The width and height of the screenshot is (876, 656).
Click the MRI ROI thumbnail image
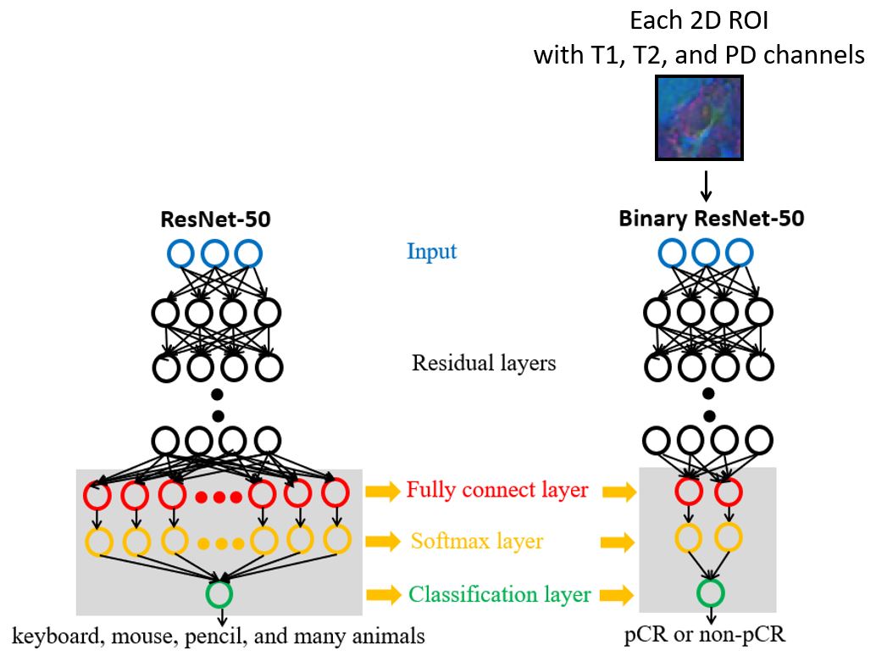point(699,118)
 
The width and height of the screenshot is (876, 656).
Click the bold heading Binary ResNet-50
point(712,219)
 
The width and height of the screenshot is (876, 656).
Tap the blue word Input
point(431,252)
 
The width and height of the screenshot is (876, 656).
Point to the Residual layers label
point(484,364)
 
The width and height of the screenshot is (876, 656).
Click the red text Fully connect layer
point(497,490)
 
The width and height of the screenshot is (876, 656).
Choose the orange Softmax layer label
point(477,541)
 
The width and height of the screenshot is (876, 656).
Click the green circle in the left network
point(219,592)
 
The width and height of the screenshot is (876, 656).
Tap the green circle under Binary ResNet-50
point(710,592)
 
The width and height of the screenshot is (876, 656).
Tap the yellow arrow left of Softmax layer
point(382,542)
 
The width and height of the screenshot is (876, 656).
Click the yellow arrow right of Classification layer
point(621,595)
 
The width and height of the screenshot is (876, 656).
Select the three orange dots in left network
point(219,543)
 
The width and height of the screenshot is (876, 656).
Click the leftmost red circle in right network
point(689,492)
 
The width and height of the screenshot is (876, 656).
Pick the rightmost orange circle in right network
point(728,536)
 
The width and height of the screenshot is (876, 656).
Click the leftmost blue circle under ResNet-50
point(181,253)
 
